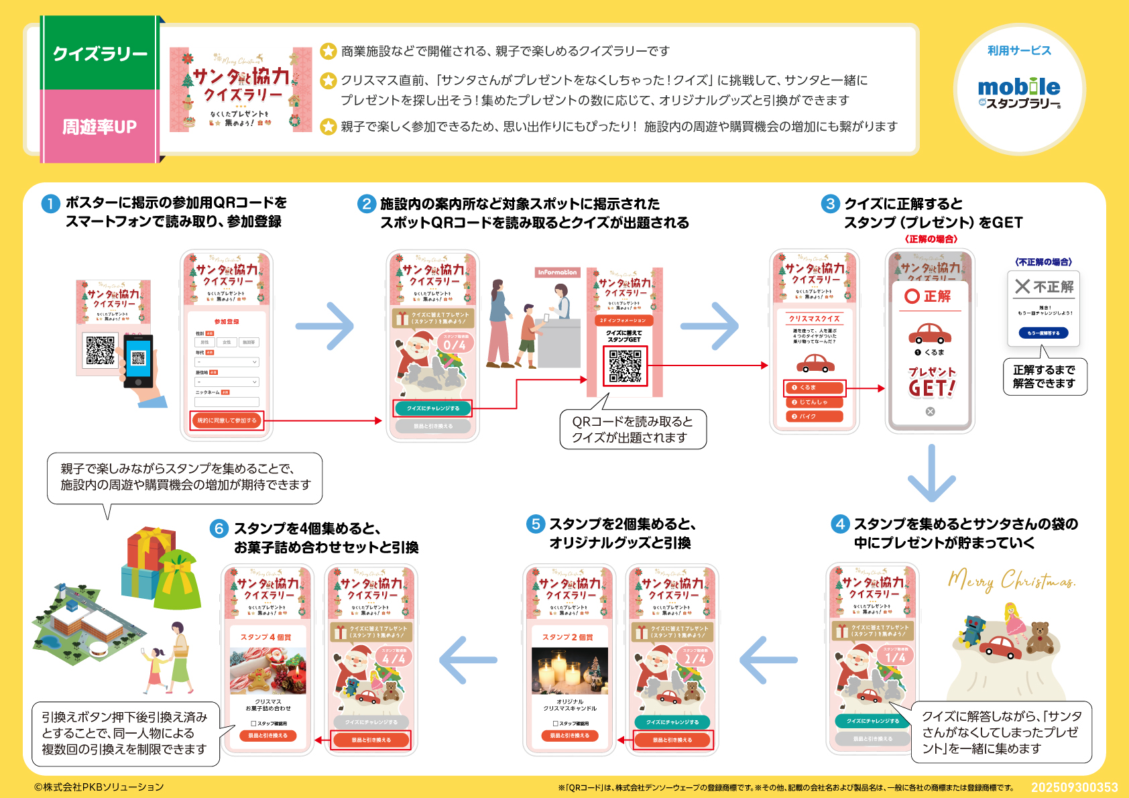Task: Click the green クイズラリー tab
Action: [99, 54]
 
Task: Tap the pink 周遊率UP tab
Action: [99, 126]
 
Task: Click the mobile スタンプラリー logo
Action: [1019, 93]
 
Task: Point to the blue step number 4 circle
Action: [840, 524]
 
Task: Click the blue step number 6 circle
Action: [219, 529]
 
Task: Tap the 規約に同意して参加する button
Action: [227, 420]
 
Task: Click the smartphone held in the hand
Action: [138, 360]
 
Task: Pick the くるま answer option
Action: [814, 388]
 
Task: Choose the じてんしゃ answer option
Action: [814, 402]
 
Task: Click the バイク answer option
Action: [814, 416]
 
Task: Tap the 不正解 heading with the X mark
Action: [1044, 287]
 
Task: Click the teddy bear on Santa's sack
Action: [1040, 638]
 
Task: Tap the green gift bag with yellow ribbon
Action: [178, 581]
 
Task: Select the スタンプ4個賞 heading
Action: [266, 637]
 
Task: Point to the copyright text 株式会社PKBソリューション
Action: [99, 787]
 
